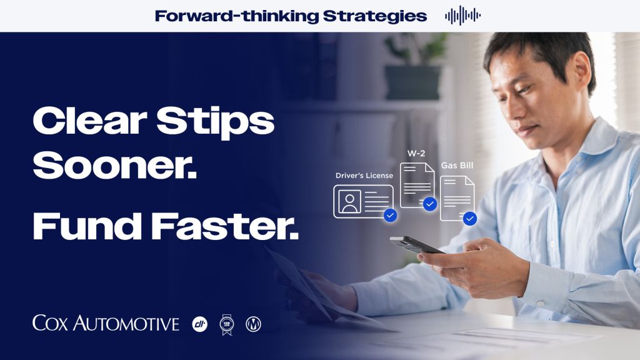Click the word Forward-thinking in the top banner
point(236,16)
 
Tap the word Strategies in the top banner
point(375,16)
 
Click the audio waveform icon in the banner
point(462,16)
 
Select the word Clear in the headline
point(90,121)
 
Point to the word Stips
point(216,122)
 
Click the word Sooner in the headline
point(114,164)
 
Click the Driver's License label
point(364,176)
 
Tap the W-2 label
point(416,154)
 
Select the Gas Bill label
point(457,165)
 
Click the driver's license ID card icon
point(363,201)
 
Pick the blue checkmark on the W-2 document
point(430,204)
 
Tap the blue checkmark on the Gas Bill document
point(470,219)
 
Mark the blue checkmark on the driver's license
point(390,215)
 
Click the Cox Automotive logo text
point(106,323)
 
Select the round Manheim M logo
point(253,324)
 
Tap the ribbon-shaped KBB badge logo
point(226,325)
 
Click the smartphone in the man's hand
point(416,245)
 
